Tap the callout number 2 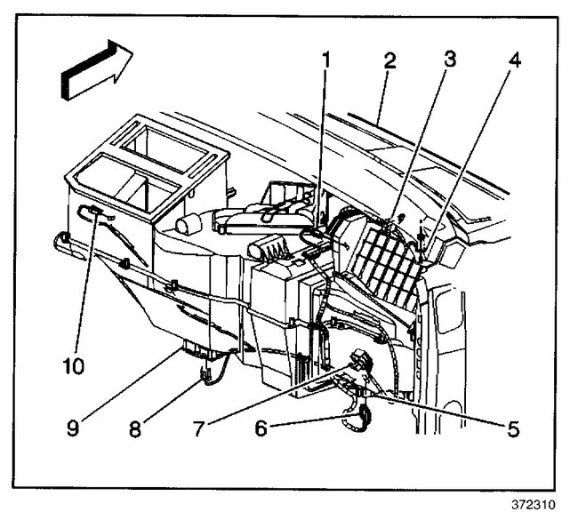point(389,62)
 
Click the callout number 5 point(513,429)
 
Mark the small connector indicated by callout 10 point(90,211)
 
